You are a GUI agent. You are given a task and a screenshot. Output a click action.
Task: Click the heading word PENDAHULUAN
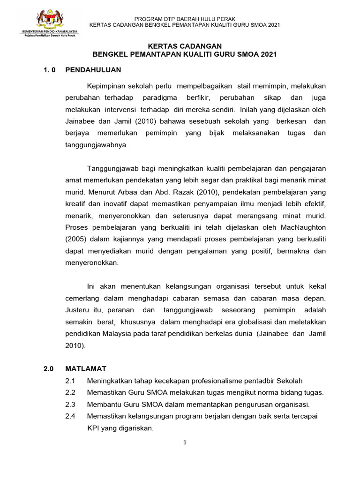tap(93, 70)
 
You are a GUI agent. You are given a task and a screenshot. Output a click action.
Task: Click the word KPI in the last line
tap(94, 428)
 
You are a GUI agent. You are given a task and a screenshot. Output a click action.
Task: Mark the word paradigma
tap(160, 98)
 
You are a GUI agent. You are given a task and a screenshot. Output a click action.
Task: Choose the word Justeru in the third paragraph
tap(77, 310)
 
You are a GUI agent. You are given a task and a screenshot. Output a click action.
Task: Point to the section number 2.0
tap(49, 369)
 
